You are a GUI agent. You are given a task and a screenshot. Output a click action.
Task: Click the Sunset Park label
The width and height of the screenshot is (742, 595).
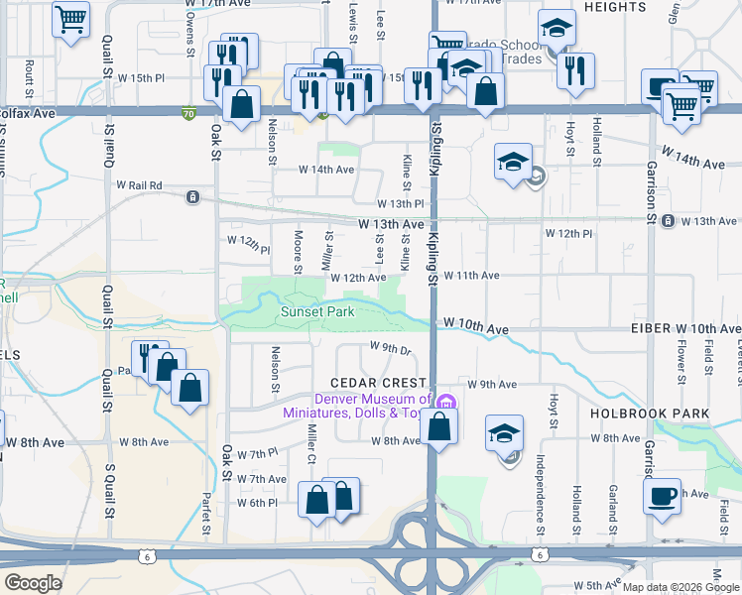(316, 311)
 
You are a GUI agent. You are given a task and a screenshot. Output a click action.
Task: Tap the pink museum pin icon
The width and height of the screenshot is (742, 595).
(446, 403)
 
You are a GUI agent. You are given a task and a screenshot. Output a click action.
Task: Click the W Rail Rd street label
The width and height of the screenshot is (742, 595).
(138, 185)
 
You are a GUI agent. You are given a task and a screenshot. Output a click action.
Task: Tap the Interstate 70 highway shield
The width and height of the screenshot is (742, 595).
(188, 113)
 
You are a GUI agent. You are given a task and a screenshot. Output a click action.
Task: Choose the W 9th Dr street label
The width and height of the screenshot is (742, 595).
(390, 347)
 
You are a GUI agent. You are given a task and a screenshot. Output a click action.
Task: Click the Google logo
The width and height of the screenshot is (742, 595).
(33, 583)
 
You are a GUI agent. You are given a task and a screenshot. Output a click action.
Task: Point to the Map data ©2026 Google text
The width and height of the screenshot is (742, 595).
(680, 587)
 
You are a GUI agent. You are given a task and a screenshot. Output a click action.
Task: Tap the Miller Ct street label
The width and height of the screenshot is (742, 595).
(310, 444)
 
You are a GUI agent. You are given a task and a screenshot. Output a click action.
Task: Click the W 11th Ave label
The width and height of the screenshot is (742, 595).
(470, 276)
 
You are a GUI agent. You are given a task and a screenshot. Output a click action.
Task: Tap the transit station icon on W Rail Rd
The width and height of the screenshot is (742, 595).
(191, 196)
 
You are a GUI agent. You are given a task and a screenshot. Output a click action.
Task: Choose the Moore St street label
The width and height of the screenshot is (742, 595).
(297, 253)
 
